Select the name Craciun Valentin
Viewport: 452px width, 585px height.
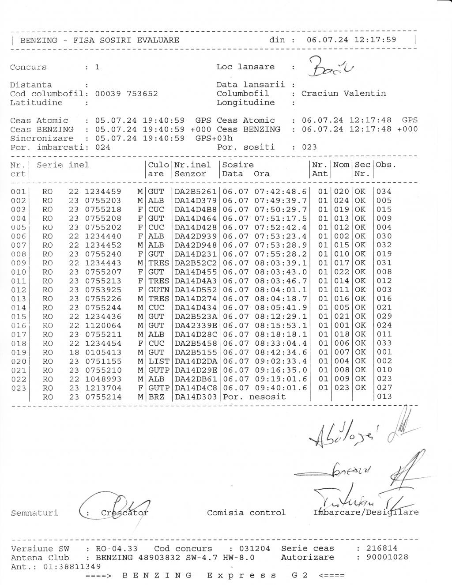343,93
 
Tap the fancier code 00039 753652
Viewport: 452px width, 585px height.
126,94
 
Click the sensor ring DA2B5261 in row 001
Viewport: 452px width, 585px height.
196,192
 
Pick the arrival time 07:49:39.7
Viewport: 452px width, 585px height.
281,200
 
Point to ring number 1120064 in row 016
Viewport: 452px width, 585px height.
103,325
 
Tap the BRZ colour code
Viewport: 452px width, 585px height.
156,397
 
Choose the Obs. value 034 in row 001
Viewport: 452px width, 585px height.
384,192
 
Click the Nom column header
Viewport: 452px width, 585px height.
341,165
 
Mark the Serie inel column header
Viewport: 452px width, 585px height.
63,165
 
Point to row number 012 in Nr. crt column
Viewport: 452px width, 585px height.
19,290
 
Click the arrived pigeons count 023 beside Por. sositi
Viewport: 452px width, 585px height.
309,147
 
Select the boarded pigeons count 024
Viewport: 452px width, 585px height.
102,147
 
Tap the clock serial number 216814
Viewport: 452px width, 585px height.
382,548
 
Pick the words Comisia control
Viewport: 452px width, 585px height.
246,513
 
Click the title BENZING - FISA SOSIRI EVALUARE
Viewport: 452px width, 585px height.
100,40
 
